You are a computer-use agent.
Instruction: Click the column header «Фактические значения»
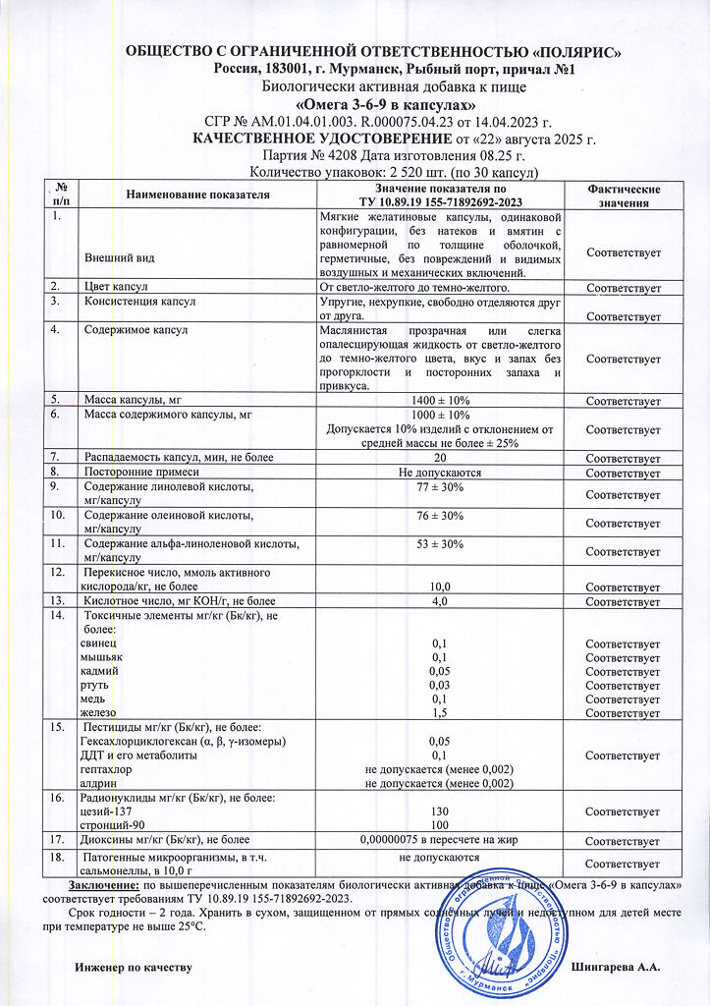tap(623, 196)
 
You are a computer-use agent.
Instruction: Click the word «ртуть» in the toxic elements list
tap(95, 685)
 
